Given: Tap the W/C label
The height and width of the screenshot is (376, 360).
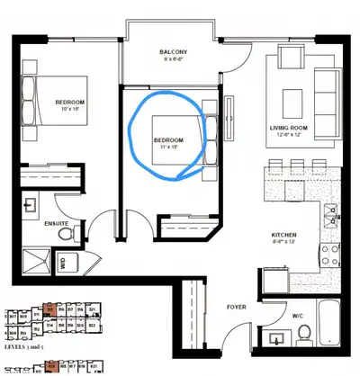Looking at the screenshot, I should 298,316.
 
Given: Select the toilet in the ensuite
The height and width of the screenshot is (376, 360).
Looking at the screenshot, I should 65,233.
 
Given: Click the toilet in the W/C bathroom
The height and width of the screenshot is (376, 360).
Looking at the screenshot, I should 306,337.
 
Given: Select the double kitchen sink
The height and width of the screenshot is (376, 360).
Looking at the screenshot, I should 330,216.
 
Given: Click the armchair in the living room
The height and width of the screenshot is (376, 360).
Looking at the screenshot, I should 291,61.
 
